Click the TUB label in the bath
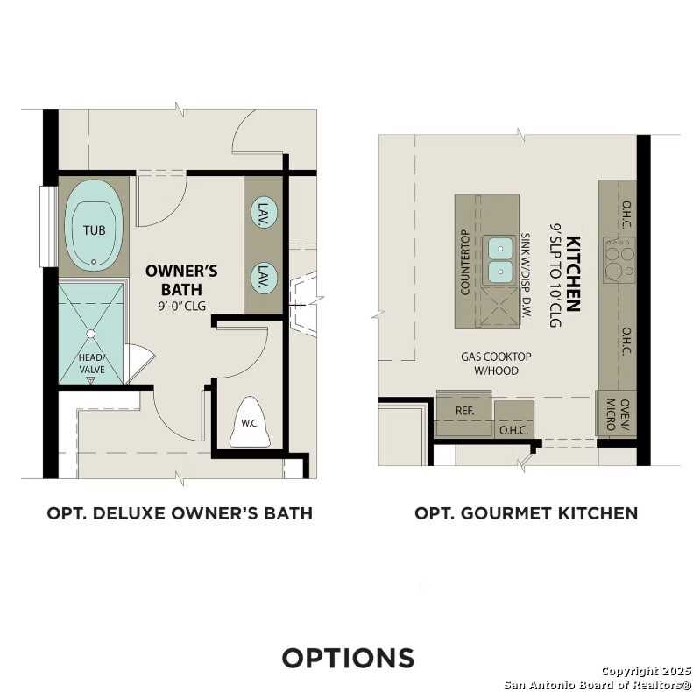click(93, 230)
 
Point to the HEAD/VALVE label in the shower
click(91, 364)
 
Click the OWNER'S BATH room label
click(181, 279)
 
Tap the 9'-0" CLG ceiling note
click(181, 307)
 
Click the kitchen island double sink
click(500, 260)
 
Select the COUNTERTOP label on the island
click(465, 261)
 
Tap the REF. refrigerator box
click(464, 409)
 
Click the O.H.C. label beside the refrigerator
click(513, 429)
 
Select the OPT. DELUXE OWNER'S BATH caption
click(180, 513)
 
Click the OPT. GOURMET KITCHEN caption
click(526, 513)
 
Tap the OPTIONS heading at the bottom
click(347, 657)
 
